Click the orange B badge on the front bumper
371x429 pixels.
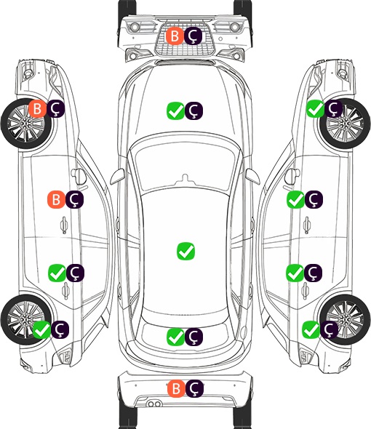coord(175,36)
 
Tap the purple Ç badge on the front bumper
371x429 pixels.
coord(193,36)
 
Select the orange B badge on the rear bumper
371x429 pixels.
coord(176,388)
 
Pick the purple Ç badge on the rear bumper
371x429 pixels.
coord(194,388)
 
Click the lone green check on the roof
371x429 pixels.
coord(186,251)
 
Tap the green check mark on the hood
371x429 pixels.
coord(175,111)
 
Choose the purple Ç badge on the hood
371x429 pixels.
coord(194,111)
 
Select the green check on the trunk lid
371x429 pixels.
coord(175,337)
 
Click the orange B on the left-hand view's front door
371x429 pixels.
coord(56,199)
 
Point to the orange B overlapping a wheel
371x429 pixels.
coord(38,109)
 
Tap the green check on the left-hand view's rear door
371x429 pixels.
coord(57,273)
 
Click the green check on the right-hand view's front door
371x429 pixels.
coord(295,199)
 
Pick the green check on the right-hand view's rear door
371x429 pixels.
coord(295,273)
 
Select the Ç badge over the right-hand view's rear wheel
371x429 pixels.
coord(330,329)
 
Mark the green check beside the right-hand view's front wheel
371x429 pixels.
coord(316,109)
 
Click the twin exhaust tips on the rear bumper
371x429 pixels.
coord(154,404)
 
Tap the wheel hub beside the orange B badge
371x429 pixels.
coord(25,124)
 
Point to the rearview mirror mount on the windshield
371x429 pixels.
coord(185,178)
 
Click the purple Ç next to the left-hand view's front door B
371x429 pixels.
coord(74,199)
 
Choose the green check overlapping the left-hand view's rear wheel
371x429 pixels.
coord(42,329)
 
